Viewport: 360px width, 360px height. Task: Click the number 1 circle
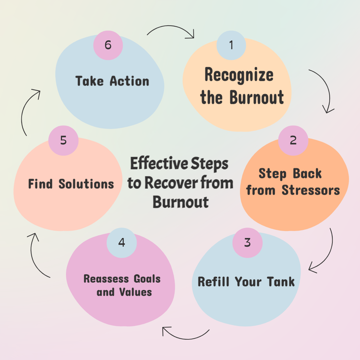click(x=231, y=45)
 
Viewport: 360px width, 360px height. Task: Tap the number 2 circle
click(x=293, y=140)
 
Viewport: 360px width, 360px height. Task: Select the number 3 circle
click(x=247, y=243)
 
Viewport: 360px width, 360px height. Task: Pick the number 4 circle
click(x=122, y=243)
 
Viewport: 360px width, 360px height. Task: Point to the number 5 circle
click(x=63, y=140)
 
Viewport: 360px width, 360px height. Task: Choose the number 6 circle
click(x=108, y=45)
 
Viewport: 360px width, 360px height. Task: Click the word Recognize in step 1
click(x=239, y=75)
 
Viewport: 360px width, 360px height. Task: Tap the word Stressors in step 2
click(x=311, y=190)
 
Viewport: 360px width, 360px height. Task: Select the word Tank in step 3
click(x=281, y=282)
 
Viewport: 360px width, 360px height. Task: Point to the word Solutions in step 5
click(x=86, y=184)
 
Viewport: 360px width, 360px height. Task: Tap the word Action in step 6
click(x=129, y=81)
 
